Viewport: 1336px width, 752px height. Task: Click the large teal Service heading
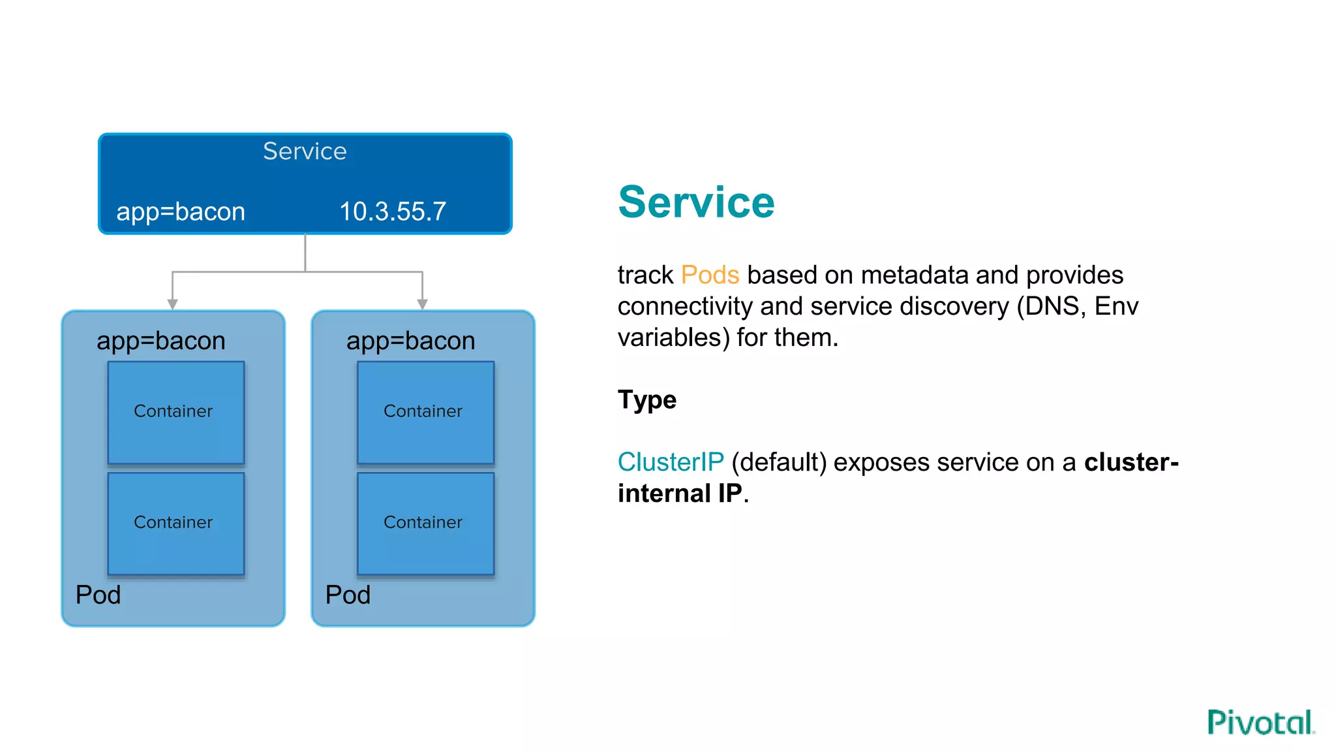[696, 202]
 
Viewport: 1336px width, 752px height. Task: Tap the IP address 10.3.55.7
[393, 211]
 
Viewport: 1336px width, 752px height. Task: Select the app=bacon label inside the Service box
[181, 212]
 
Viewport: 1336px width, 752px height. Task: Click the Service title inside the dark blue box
[305, 151]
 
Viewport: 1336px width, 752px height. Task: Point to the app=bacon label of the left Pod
[161, 341]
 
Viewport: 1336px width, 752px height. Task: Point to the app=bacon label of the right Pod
[411, 341]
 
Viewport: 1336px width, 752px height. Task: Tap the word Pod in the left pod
[99, 595]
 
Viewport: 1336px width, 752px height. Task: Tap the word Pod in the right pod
[348, 595]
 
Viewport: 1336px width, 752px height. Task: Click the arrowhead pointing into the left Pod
[172, 304]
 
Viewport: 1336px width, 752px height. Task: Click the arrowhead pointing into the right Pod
[423, 304]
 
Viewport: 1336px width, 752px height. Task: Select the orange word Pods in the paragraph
[710, 275]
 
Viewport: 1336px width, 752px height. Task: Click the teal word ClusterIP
[671, 462]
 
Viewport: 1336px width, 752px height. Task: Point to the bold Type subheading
[647, 399]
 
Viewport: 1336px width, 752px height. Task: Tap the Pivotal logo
[1260, 723]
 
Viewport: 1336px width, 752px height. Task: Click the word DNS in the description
[1052, 306]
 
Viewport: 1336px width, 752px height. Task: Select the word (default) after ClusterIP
[779, 462]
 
